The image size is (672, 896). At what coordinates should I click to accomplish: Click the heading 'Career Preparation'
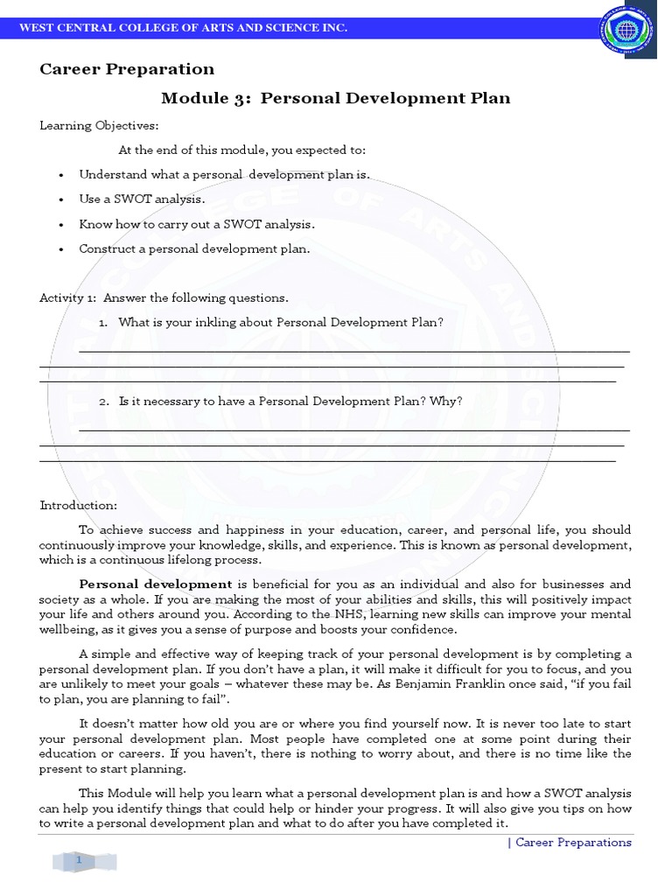(127, 69)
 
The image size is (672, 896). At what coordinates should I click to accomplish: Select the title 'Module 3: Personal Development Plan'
(336, 98)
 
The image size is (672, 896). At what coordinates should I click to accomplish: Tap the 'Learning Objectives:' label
(99, 125)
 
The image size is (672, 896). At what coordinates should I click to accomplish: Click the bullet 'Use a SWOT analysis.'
(142, 199)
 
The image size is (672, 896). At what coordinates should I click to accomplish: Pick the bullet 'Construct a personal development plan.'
(194, 248)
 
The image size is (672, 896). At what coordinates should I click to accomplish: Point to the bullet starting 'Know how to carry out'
(196, 224)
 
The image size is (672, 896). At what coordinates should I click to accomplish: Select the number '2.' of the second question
(103, 402)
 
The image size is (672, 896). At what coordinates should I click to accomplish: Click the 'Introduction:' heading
(78, 506)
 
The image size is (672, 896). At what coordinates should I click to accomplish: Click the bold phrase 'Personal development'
(156, 584)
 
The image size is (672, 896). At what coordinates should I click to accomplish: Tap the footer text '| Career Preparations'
(570, 843)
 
